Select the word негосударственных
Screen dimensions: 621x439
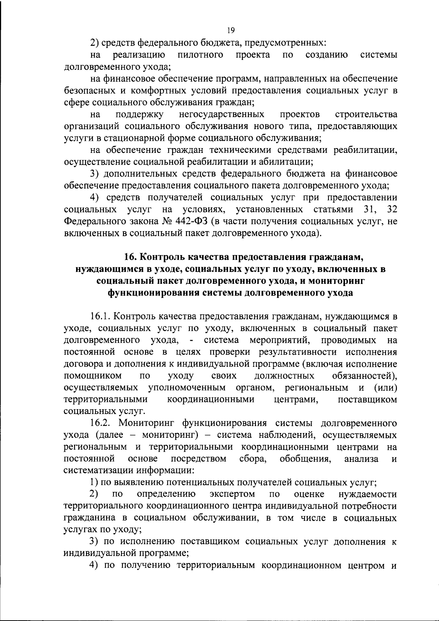[222, 114]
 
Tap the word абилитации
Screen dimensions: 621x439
[289, 162]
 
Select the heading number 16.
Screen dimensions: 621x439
[129, 257]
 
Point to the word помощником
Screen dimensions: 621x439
[93, 376]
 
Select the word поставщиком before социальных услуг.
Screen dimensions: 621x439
[368, 399]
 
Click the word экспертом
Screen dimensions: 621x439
[232, 494]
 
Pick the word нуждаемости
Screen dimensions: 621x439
[368, 494]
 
